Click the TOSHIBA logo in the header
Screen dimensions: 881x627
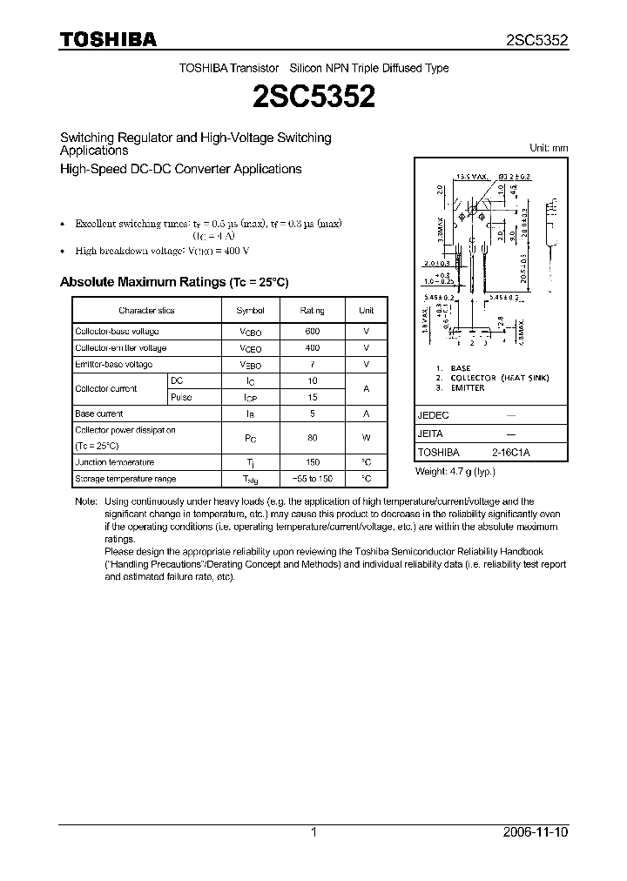pyautogui.click(x=108, y=40)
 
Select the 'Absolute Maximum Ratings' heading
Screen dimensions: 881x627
pyautogui.click(x=173, y=282)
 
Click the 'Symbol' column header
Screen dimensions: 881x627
pyautogui.click(x=250, y=310)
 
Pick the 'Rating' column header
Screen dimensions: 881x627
pyautogui.click(x=313, y=310)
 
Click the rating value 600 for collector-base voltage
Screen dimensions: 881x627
pyautogui.click(x=313, y=332)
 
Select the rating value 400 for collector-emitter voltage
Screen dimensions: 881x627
pyautogui.click(x=313, y=348)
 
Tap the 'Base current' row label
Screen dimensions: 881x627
pyautogui.click(x=99, y=414)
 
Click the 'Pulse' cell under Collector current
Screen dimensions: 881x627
pyautogui.click(x=182, y=397)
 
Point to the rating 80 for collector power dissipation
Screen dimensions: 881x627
pyautogui.click(x=313, y=438)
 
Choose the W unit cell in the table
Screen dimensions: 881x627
pyautogui.click(x=367, y=438)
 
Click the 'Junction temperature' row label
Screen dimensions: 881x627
pyautogui.click(x=114, y=462)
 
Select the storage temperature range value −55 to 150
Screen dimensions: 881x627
pyautogui.click(x=313, y=479)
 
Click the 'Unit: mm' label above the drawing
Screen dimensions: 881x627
pyautogui.click(x=549, y=148)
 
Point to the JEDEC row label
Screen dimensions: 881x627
pyautogui.click(x=433, y=416)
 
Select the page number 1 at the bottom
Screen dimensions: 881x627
pyautogui.click(x=313, y=832)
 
